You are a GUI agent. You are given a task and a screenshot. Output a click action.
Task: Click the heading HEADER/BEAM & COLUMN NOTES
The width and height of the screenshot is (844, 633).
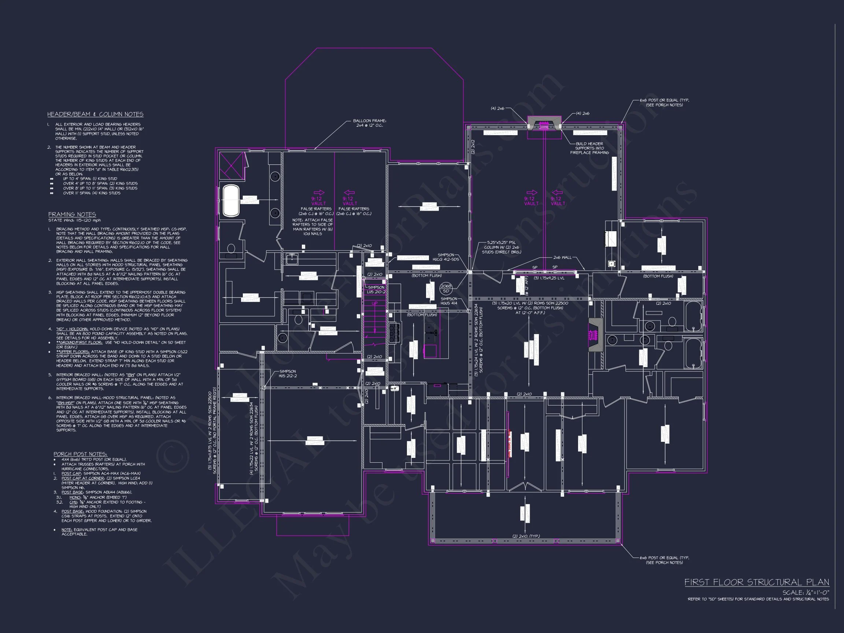95,114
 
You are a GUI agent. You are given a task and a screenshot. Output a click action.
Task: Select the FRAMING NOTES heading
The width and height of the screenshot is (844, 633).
72,214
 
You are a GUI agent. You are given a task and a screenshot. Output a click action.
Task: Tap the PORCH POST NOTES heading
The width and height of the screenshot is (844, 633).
80,454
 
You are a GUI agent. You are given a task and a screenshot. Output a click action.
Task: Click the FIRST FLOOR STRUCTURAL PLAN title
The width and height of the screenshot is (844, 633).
756,582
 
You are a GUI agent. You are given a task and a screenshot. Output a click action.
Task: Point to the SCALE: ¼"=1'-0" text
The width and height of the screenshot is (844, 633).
806,593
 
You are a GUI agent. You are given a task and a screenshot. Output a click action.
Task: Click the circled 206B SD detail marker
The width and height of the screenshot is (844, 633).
446,287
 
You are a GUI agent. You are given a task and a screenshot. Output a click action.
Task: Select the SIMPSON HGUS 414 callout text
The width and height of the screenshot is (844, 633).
449,301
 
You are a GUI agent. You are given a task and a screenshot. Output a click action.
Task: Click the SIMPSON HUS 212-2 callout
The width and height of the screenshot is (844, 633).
287,373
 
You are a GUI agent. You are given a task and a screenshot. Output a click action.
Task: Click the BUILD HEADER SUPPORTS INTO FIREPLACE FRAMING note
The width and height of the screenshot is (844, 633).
589,148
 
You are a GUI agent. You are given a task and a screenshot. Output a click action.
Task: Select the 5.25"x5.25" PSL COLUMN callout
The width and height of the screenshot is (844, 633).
504,247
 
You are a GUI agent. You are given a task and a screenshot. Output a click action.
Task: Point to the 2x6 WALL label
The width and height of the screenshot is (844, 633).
562,258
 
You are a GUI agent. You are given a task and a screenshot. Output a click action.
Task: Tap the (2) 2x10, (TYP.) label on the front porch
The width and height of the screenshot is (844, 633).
526,536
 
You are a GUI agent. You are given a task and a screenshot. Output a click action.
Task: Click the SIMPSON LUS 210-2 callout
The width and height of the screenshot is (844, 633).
375,290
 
